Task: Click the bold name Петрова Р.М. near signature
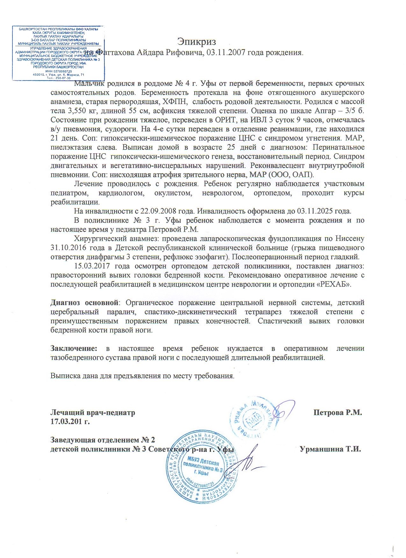click(338, 413)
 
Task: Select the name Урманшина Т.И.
click(330, 450)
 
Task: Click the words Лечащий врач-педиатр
click(93, 413)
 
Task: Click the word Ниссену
click(349, 239)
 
